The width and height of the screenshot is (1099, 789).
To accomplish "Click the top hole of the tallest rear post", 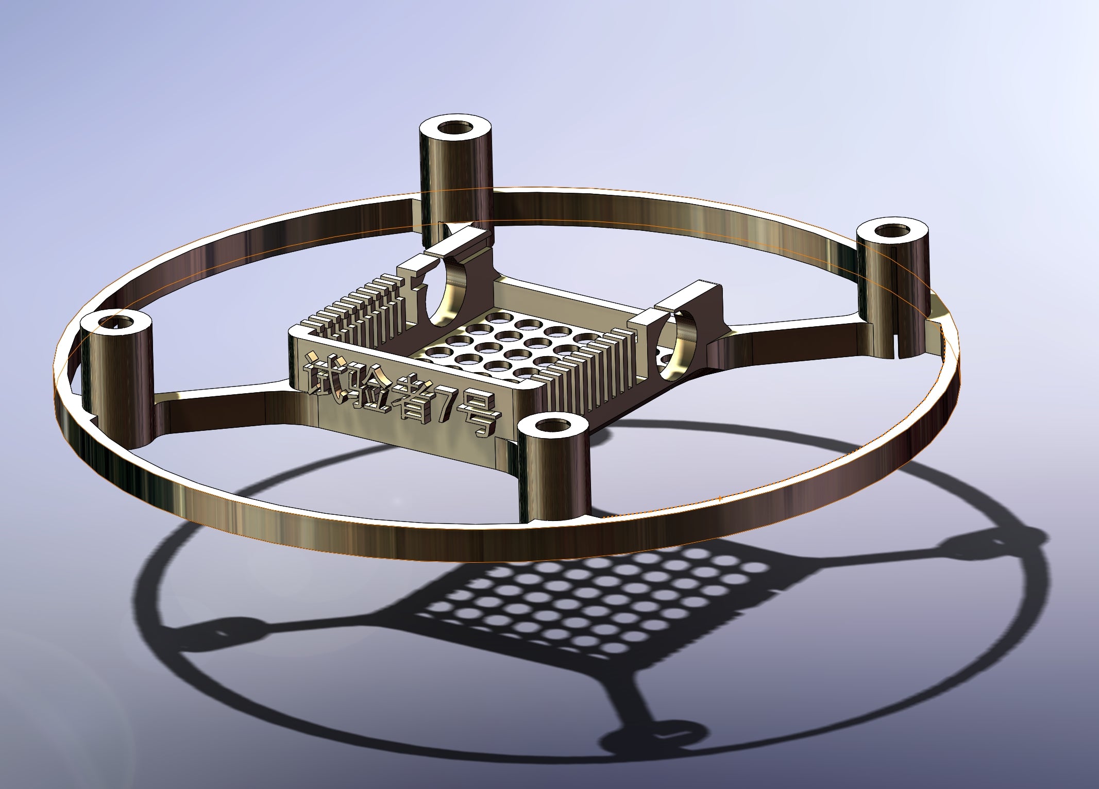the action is tap(455, 127).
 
